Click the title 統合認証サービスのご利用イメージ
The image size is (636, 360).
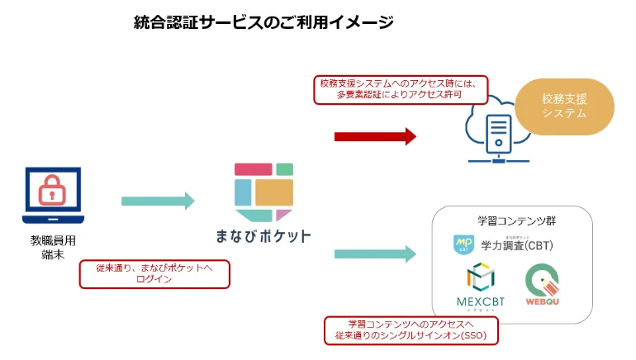point(263,23)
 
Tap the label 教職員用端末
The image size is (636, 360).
point(52,247)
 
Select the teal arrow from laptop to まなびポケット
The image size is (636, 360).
point(158,201)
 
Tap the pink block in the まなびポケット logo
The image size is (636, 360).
point(253,169)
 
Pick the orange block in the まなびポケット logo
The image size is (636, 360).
point(274,192)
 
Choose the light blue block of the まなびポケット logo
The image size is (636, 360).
point(243,192)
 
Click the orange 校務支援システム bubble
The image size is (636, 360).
point(565,107)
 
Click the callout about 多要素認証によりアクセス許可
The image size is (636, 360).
point(401,90)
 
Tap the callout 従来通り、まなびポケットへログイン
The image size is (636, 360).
point(154,273)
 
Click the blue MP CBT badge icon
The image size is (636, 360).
point(463,244)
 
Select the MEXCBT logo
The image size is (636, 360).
point(479,285)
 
